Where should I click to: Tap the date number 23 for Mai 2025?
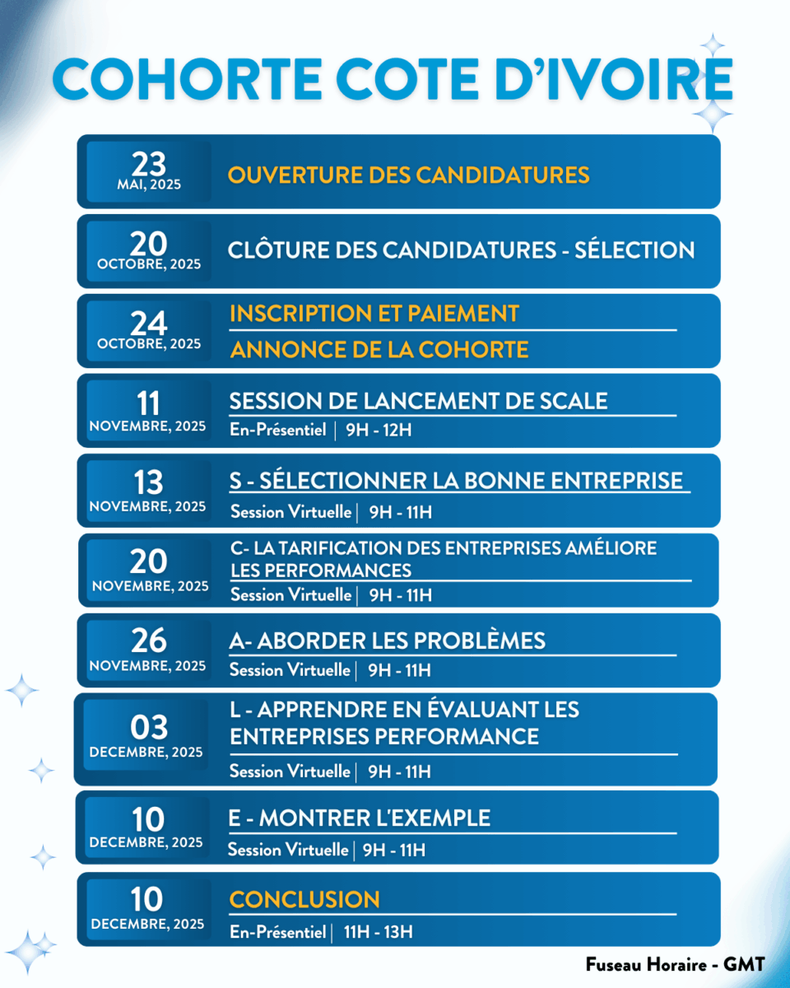[148, 163]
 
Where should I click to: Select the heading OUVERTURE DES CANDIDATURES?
[408, 175]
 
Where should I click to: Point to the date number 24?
[148, 324]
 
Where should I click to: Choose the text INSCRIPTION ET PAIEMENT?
[374, 314]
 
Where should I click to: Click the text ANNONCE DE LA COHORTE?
[379, 350]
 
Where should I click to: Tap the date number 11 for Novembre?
[148, 403]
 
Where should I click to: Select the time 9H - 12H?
[379, 430]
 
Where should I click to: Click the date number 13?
[148, 482]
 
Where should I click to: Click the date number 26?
[148, 641]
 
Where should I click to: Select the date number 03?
[148, 727]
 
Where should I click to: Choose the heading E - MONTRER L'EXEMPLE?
[359, 818]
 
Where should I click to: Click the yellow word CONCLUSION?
[304, 899]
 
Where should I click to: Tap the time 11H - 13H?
[379, 932]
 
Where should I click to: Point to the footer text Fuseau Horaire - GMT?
[675, 964]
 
